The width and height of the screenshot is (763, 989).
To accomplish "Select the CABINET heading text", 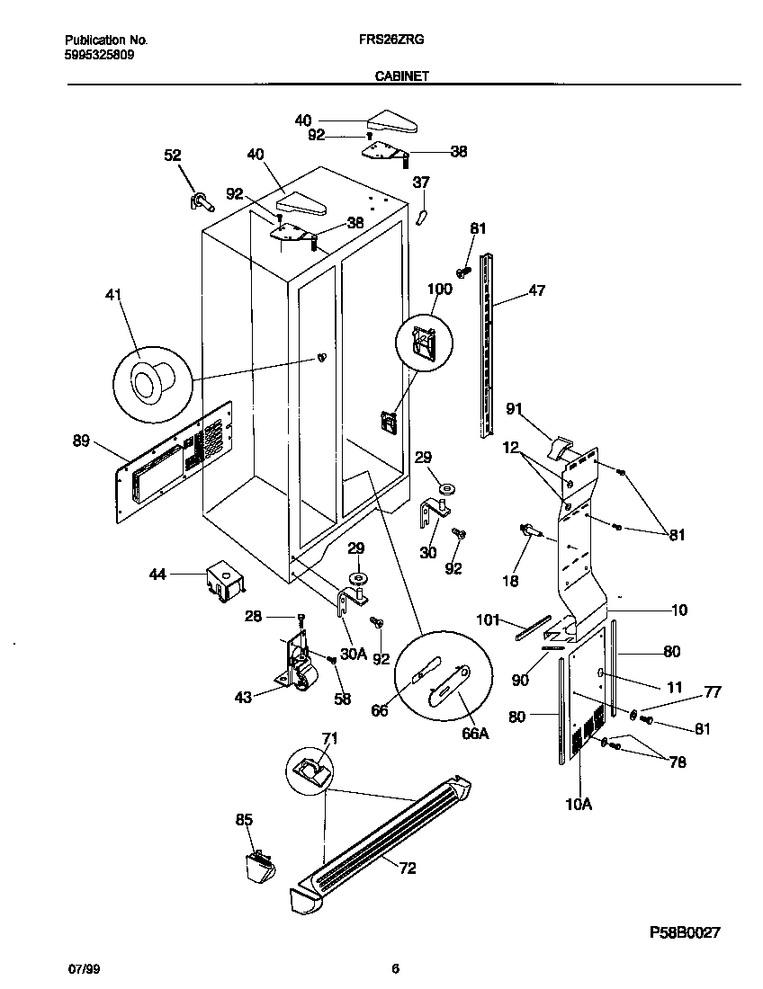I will coord(400,77).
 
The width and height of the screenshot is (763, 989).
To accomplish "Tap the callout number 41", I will coord(114,295).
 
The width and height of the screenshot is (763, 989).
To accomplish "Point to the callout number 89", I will coord(81,440).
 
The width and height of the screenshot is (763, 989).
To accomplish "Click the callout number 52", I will coord(172,155).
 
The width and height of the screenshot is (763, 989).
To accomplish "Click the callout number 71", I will coord(330,738).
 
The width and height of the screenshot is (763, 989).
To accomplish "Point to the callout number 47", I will coord(536,290).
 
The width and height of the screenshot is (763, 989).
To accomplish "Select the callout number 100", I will coord(439,289).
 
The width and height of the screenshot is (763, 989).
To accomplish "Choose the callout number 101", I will coord(487,619).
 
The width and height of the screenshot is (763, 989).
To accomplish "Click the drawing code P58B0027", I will coord(686,934).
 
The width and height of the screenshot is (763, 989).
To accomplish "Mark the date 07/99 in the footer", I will coord(81,969).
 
